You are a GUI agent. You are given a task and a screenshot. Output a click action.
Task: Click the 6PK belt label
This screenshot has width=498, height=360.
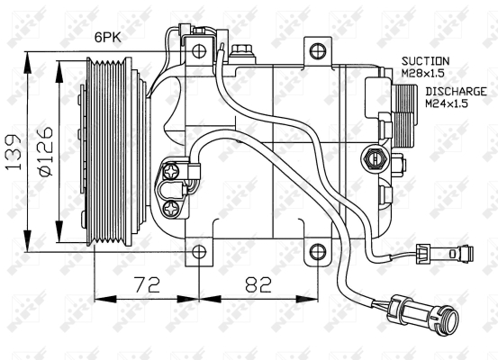(108, 38)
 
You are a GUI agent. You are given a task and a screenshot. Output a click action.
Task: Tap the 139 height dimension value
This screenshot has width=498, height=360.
(14, 152)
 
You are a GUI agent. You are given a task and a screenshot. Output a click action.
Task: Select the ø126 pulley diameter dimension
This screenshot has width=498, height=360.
(45, 152)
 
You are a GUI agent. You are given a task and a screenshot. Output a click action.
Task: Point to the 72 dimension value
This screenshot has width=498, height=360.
(147, 284)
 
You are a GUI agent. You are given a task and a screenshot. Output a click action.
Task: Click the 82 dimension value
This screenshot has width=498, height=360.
(258, 284)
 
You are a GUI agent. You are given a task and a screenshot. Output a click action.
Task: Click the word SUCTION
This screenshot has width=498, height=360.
(426, 61)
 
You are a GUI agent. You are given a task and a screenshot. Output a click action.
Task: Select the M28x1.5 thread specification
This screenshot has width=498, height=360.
(422, 73)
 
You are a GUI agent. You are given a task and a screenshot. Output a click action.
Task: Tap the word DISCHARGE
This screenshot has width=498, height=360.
(456, 92)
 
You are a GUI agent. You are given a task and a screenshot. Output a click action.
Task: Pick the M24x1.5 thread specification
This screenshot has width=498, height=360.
(447, 103)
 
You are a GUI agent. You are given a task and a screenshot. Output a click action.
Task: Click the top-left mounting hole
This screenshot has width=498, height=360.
(199, 50)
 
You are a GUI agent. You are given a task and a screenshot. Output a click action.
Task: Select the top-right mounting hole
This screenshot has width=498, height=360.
(318, 50)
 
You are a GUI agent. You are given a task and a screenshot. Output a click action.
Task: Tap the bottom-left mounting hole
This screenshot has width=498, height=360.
(199, 252)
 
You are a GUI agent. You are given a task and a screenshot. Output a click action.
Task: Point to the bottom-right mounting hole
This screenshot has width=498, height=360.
(318, 252)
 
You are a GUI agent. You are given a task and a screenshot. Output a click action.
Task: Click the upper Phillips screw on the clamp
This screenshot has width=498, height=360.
(171, 172)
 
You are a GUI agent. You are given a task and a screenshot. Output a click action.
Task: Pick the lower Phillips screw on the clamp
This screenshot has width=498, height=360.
(171, 210)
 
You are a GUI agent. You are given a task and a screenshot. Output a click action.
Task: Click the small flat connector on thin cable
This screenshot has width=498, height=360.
(445, 253)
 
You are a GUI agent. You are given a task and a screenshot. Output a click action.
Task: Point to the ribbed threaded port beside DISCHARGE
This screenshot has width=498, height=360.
(404, 116)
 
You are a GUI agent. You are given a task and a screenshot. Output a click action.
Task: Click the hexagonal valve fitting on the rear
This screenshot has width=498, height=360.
(375, 157)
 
